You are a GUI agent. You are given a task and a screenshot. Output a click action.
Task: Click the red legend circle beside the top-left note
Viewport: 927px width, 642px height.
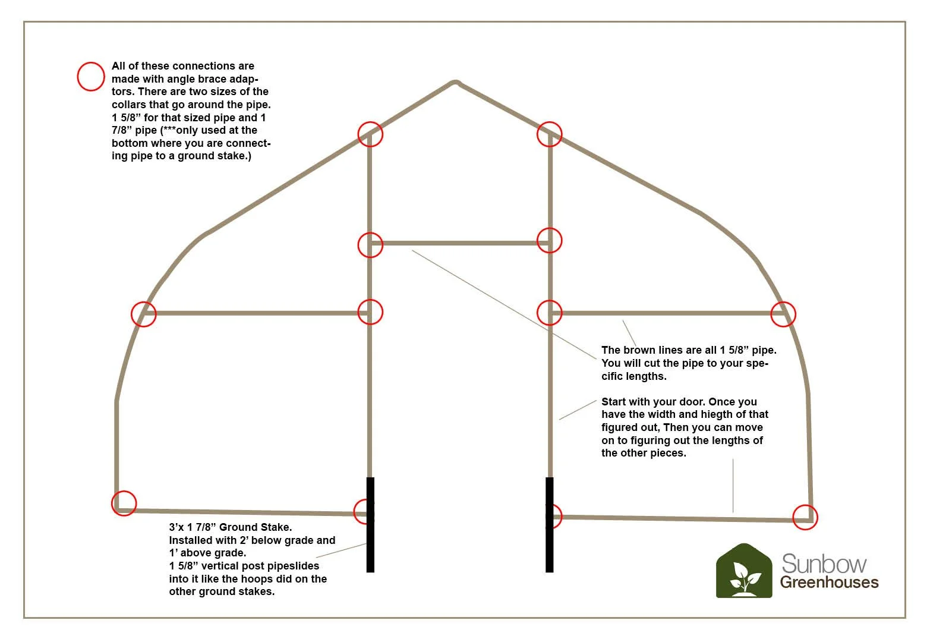tap(91, 77)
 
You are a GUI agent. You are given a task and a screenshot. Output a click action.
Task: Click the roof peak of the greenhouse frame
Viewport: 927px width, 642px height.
tap(455, 83)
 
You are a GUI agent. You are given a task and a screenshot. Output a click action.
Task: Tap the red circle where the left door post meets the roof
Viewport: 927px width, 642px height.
tap(370, 134)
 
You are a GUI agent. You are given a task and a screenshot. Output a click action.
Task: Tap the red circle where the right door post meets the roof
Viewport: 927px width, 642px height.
tap(550, 134)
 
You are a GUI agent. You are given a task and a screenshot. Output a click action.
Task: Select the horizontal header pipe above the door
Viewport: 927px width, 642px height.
tap(460, 243)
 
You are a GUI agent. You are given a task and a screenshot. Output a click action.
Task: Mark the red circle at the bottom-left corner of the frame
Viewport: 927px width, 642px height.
tap(124, 503)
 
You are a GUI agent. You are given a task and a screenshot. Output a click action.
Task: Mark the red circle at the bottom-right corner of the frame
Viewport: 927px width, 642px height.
tap(805, 517)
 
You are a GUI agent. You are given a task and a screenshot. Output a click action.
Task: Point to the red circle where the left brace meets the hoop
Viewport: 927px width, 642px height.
tap(143, 314)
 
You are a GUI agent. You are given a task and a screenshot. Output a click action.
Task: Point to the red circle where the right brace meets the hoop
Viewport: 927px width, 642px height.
tap(783, 314)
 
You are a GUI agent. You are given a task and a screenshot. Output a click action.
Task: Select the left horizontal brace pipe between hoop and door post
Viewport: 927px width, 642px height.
tap(256, 313)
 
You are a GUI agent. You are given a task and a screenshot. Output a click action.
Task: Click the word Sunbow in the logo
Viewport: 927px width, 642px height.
tap(824, 564)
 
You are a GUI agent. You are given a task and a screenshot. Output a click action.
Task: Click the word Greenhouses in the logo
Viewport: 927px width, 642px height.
tap(829, 583)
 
